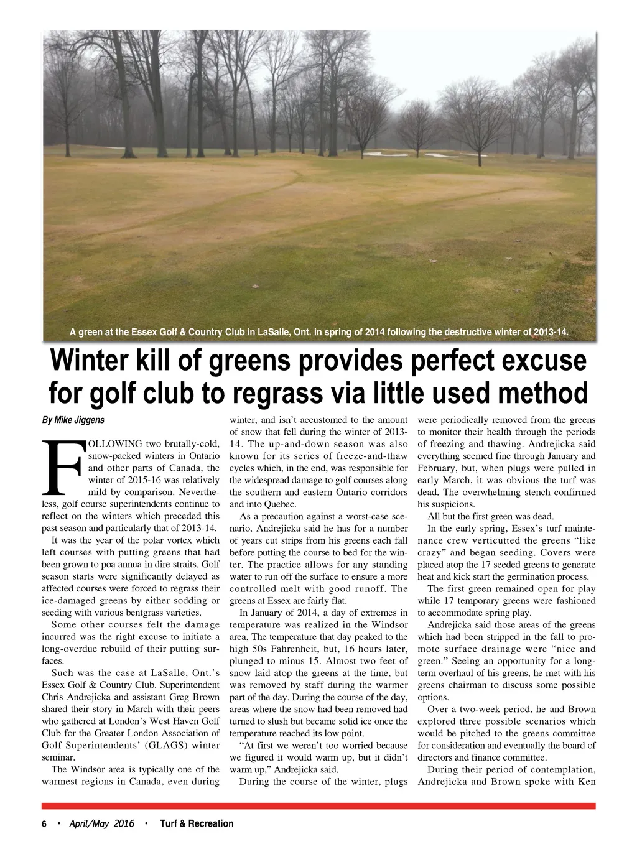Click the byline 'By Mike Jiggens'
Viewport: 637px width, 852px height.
(x=73, y=420)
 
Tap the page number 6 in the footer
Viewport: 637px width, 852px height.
(x=44, y=824)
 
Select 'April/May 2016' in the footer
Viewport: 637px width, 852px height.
(x=101, y=823)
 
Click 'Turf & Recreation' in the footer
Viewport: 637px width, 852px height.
(x=197, y=823)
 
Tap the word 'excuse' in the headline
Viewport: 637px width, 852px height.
(x=542, y=361)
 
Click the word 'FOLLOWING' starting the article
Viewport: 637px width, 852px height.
(x=116, y=444)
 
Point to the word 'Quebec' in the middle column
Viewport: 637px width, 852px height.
(x=280, y=504)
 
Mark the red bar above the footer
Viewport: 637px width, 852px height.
(x=318, y=806)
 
